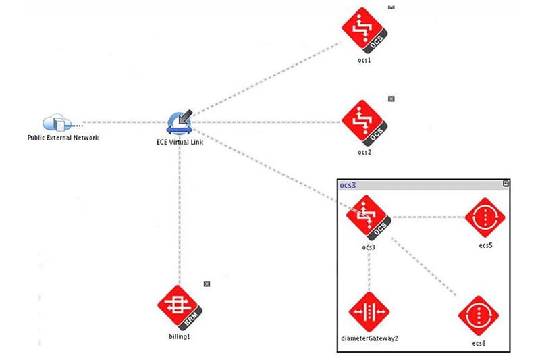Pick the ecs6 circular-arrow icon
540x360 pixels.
pyautogui.click(x=478, y=315)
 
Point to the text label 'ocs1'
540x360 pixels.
pyautogui.click(x=365, y=60)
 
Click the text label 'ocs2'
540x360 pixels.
pyautogui.click(x=365, y=153)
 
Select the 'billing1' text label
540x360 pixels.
pyautogui.click(x=179, y=336)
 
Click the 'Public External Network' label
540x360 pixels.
pyautogui.click(x=63, y=138)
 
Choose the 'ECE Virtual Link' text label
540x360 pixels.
pyautogui.click(x=180, y=143)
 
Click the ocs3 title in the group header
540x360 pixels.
pyautogui.click(x=348, y=185)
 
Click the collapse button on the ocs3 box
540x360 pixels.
pyautogui.click(x=506, y=184)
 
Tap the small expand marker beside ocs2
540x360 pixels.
pyautogui.click(x=391, y=99)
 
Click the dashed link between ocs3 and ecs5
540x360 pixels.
pyautogui.click(x=429, y=217)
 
